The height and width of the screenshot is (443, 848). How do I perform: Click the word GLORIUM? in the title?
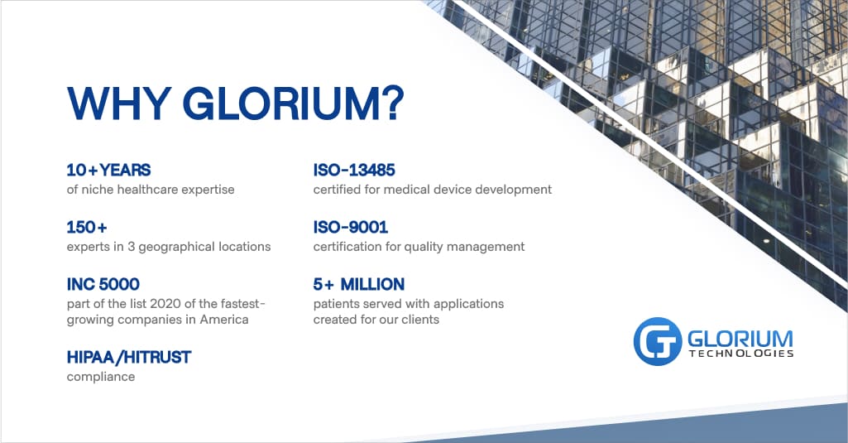click(x=293, y=104)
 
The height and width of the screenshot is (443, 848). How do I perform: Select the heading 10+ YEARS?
click(x=108, y=171)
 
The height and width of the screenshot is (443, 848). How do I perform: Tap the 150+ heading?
click(x=87, y=227)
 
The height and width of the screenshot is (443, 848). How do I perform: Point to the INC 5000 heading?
click(x=103, y=285)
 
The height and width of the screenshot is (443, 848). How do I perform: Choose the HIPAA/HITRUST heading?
click(x=128, y=358)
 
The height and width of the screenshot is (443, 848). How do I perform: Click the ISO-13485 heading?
click(x=354, y=171)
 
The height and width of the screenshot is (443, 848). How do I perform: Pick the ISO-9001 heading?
click(x=350, y=227)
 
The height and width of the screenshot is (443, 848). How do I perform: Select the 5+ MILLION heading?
click(x=358, y=285)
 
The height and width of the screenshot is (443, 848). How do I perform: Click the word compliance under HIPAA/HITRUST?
click(x=100, y=377)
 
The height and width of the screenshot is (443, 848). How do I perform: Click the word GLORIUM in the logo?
click(x=740, y=338)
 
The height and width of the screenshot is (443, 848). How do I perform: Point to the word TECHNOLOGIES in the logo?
click(x=740, y=354)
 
